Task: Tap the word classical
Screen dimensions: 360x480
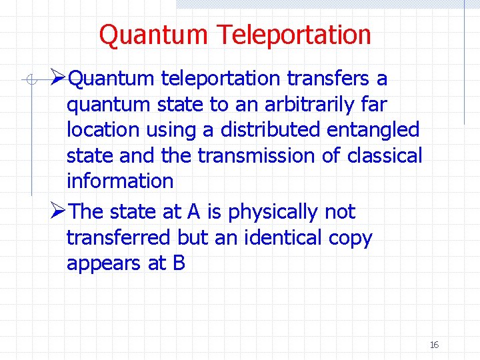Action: (x=385, y=155)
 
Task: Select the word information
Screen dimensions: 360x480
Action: (x=120, y=181)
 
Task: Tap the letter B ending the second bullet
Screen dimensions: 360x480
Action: (x=179, y=263)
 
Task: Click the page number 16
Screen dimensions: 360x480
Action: (x=434, y=345)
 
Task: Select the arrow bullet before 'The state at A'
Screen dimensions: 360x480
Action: (x=58, y=212)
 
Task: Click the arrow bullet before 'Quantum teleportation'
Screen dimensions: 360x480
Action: (x=58, y=79)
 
